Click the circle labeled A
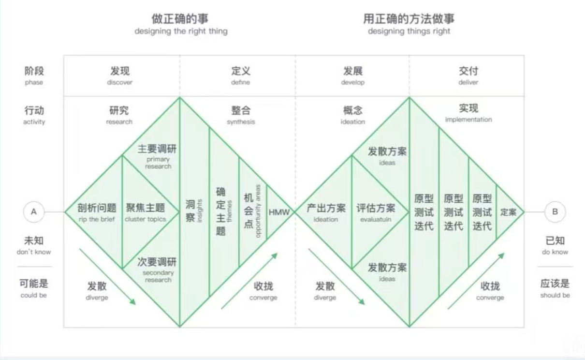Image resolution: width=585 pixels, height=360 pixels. [33, 211]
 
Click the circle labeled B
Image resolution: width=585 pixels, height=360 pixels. [555, 211]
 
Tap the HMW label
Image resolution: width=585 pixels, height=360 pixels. [279, 212]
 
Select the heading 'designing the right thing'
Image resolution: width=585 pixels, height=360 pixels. [181, 31]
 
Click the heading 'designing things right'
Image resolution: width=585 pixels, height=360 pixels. [409, 31]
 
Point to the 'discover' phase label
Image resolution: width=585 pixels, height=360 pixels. [119, 83]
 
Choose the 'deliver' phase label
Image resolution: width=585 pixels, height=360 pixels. [468, 83]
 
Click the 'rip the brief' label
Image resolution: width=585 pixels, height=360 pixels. [97, 219]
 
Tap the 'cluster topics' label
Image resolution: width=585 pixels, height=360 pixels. [145, 219]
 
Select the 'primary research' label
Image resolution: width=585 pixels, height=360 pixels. [158, 163]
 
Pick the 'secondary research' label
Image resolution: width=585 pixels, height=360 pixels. [158, 276]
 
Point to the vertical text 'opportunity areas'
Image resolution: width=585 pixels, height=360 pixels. [258, 211]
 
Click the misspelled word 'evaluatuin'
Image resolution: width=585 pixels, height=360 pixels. [376, 219]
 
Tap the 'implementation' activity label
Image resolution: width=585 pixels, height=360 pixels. [468, 120]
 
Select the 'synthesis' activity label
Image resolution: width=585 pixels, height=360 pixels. [241, 122]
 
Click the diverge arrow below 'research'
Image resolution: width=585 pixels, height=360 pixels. [107, 277]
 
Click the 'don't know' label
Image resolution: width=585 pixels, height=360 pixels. [34, 252]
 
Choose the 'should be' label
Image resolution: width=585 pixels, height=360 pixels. [555, 295]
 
